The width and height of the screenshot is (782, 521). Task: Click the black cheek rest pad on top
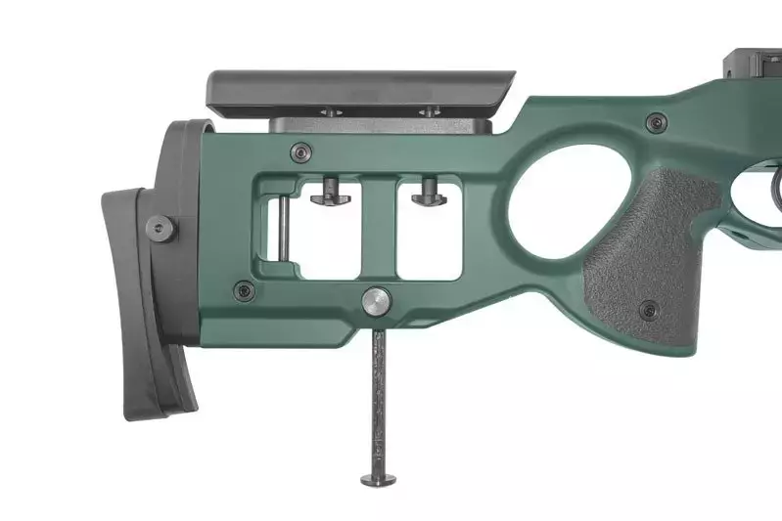pos(362,89)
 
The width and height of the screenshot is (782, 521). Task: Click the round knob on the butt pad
pos(161,228)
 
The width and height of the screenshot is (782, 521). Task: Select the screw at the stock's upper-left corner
pos(301,152)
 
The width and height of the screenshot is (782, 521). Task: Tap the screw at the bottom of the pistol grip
pos(648,311)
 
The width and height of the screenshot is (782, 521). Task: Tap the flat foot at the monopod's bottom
pos(378,479)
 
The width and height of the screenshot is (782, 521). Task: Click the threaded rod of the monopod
pos(378,401)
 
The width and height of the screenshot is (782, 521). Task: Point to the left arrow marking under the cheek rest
pos(330,112)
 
